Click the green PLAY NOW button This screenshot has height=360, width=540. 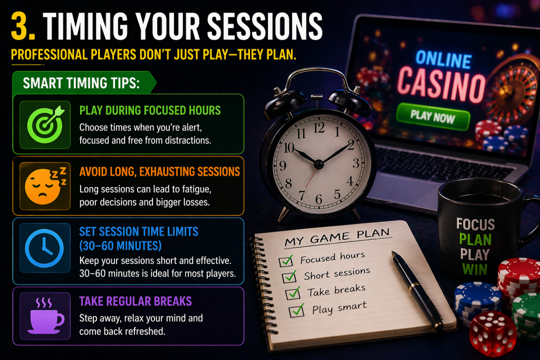[433, 116]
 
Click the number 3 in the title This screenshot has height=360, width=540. [22, 25]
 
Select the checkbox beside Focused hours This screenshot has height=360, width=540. [287, 260]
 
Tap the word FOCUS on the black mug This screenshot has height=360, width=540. [475, 224]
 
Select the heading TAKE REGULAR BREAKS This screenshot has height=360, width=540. [135, 301]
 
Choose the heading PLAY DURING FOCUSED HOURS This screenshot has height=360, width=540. [150, 111]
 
